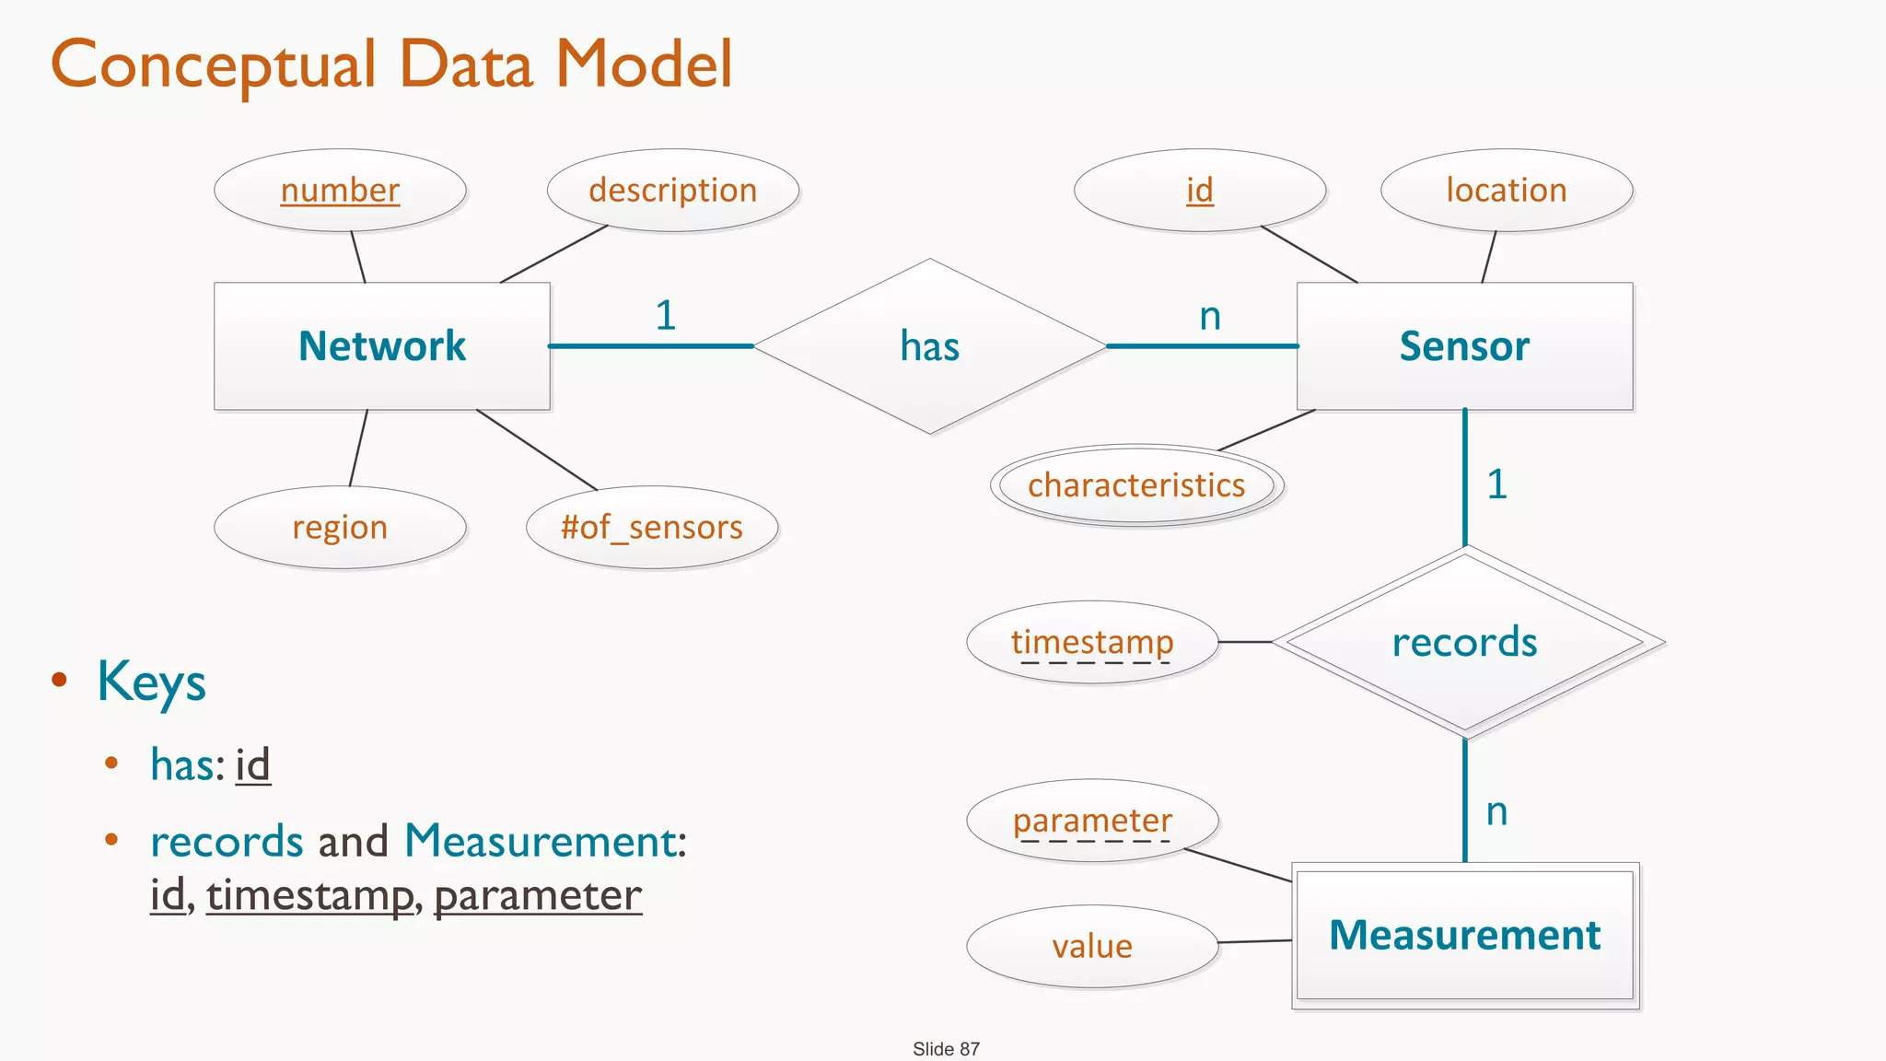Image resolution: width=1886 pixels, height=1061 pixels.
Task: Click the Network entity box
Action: point(382,346)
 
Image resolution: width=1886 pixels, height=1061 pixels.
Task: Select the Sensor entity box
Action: point(1464,346)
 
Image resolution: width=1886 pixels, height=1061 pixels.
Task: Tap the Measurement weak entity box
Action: point(1464,935)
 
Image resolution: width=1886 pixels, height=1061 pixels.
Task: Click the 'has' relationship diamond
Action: point(930,346)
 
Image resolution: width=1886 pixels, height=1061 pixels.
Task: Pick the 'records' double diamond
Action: point(1464,642)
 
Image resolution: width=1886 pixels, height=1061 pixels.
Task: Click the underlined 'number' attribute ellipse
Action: point(340,191)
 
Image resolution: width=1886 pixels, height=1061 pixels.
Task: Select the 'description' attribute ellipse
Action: point(673,191)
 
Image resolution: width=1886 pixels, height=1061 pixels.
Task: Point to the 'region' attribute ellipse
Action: point(340,528)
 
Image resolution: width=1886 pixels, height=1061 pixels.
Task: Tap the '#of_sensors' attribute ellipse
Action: point(652,528)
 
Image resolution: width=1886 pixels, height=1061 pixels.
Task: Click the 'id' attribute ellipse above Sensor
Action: point(1200,191)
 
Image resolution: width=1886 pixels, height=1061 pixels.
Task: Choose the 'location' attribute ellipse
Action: point(1507,191)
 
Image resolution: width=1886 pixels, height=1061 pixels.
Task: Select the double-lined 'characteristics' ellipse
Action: point(1136,485)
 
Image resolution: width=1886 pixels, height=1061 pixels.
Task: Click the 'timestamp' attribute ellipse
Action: point(1092,642)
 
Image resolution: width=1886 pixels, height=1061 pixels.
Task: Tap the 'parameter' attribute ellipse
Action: point(1092,821)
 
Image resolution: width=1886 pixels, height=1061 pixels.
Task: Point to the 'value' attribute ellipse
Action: point(1092,947)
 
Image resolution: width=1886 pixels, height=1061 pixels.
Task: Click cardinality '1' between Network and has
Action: point(666,316)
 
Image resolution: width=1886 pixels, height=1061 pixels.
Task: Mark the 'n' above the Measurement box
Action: point(1496,811)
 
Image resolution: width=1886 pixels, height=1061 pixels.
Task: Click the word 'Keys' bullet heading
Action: point(152,682)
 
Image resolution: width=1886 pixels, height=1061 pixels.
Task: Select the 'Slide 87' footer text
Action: point(946,1049)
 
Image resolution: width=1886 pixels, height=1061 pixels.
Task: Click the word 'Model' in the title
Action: point(644,64)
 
